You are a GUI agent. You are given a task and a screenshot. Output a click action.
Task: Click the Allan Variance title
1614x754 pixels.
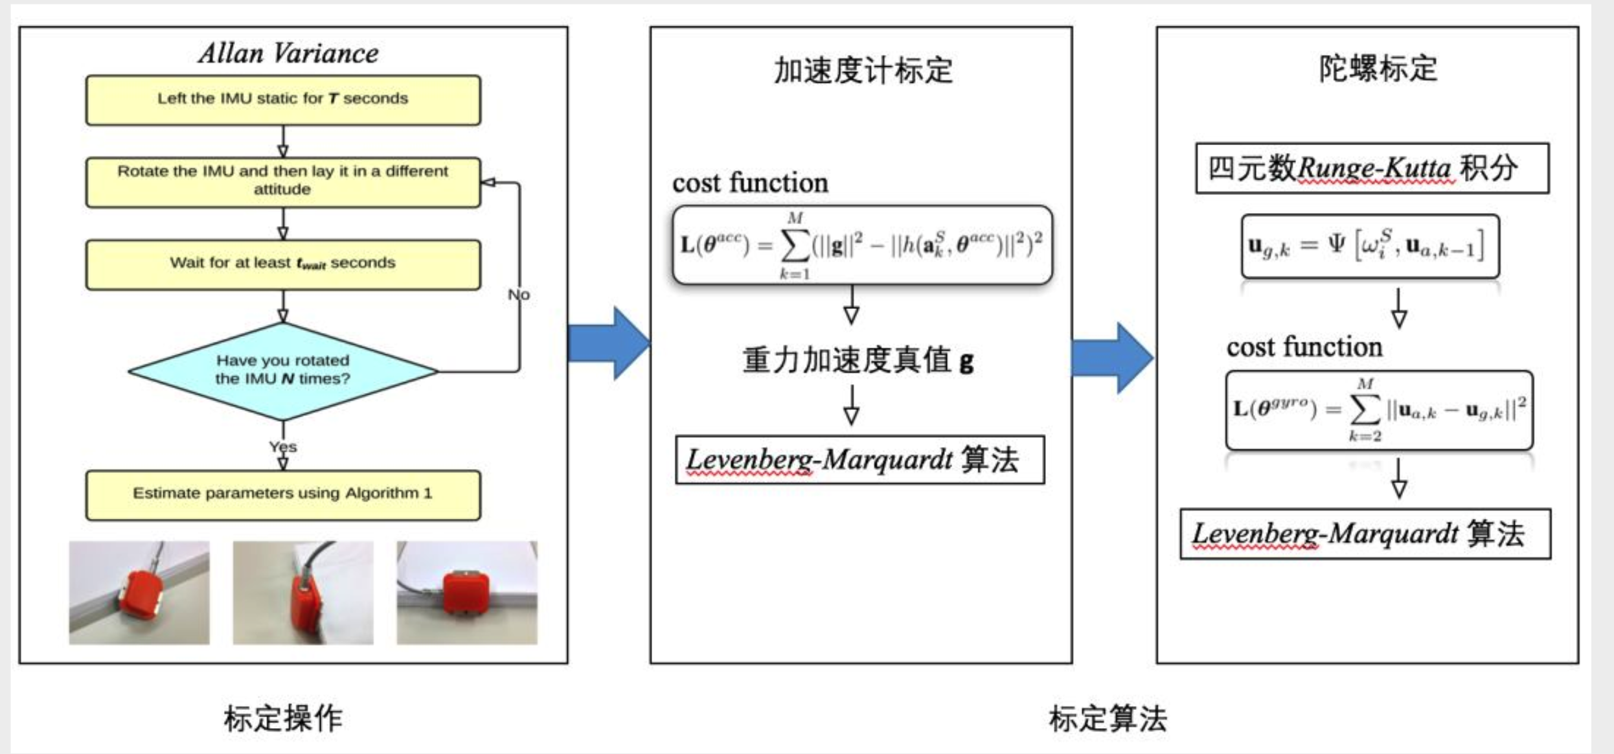288,53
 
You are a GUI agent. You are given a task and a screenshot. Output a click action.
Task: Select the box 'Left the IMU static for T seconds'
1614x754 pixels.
283,100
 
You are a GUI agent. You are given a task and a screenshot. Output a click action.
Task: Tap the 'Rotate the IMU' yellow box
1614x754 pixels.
283,182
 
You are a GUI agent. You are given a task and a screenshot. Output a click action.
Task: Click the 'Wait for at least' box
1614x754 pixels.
283,264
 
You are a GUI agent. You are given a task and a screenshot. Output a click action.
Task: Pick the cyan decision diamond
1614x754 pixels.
283,371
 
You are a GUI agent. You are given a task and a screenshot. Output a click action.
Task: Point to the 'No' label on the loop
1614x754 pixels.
518,295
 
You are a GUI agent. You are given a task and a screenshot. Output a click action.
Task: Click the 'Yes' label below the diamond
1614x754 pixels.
283,447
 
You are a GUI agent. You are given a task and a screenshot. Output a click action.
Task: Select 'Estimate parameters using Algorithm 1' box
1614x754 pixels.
283,494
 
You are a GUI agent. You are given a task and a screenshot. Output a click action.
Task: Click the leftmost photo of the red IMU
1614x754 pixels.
139,593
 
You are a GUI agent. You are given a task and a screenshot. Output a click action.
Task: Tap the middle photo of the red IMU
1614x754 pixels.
303,593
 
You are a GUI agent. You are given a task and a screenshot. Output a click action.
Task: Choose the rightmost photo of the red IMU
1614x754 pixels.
467,593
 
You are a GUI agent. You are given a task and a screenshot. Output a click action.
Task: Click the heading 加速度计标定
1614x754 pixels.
863,70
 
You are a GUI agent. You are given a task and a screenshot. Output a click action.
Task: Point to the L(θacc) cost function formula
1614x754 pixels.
862,245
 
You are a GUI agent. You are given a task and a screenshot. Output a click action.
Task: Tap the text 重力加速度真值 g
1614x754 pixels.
858,360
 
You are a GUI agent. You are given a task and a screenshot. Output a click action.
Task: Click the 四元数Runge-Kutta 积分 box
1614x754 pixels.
1372,168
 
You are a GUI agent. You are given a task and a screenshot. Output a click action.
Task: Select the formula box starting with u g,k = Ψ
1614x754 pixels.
1370,246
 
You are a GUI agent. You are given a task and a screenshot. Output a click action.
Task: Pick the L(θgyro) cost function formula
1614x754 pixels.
1379,410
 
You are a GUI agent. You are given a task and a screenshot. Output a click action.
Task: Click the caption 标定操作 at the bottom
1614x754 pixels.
283,718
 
